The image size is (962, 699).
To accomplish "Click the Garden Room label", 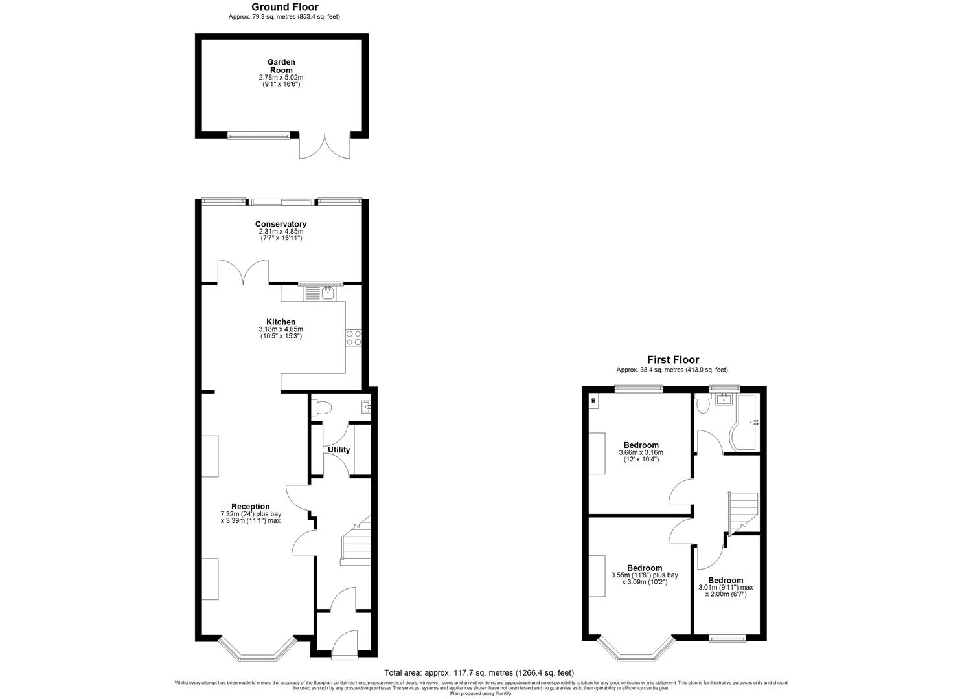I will pos(281,66).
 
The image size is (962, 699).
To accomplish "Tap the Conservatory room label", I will pos(281,224).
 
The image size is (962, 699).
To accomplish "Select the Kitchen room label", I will pos(281,322).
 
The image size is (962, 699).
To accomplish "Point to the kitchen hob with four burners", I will pos(354,337).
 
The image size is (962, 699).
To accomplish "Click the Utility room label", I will pos(339,450).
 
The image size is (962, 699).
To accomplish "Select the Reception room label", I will pos(250,506).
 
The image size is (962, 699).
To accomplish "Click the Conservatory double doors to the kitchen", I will pos(243,272).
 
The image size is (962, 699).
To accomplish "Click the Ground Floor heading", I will pos(284,8).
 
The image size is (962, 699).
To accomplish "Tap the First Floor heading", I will pos(673,360).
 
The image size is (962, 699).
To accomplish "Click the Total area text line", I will pos(479,672).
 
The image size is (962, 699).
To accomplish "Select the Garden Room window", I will pos(258,135).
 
